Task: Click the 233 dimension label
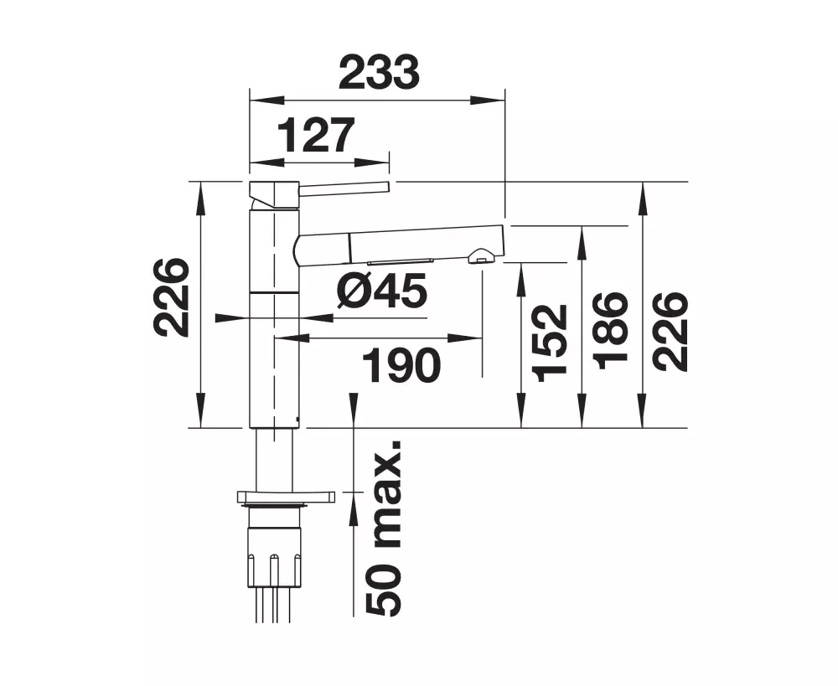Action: (x=379, y=71)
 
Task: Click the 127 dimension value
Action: (x=317, y=135)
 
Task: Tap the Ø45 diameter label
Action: (x=382, y=290)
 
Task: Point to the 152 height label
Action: (x=550, y=343)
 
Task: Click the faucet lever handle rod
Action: (x=344, y=187)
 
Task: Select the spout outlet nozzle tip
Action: (x=481, y=256)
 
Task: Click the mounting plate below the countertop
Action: (x=286, y=497)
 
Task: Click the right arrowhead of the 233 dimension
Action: (x=488, y=100)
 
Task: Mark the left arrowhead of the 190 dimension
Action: (x=292, y=338)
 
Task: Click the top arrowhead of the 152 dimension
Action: (x=521, y=281)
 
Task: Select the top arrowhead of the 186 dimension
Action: (x=582, y=244)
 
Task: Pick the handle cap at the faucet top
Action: (x=274, y=195)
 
